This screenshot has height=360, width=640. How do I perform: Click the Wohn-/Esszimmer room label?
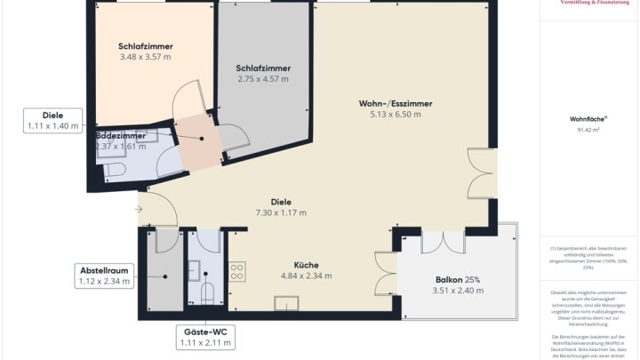click(395, 103)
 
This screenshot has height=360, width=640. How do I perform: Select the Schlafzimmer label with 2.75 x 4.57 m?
click(263, 68)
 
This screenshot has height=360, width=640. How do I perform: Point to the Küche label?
click(306, 265)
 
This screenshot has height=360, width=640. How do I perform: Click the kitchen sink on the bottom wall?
click(287, 305)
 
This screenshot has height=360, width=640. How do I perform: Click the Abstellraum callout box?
click(105, 276)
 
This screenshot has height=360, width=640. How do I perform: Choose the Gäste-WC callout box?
click(205, 337)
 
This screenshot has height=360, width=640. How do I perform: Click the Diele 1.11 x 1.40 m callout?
click(53, 121)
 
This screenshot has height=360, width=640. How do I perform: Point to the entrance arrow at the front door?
click(138, 210)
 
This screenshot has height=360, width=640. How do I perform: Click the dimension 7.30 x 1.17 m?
click(281, 212)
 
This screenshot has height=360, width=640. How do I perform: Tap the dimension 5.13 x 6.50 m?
click(395, 115)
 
